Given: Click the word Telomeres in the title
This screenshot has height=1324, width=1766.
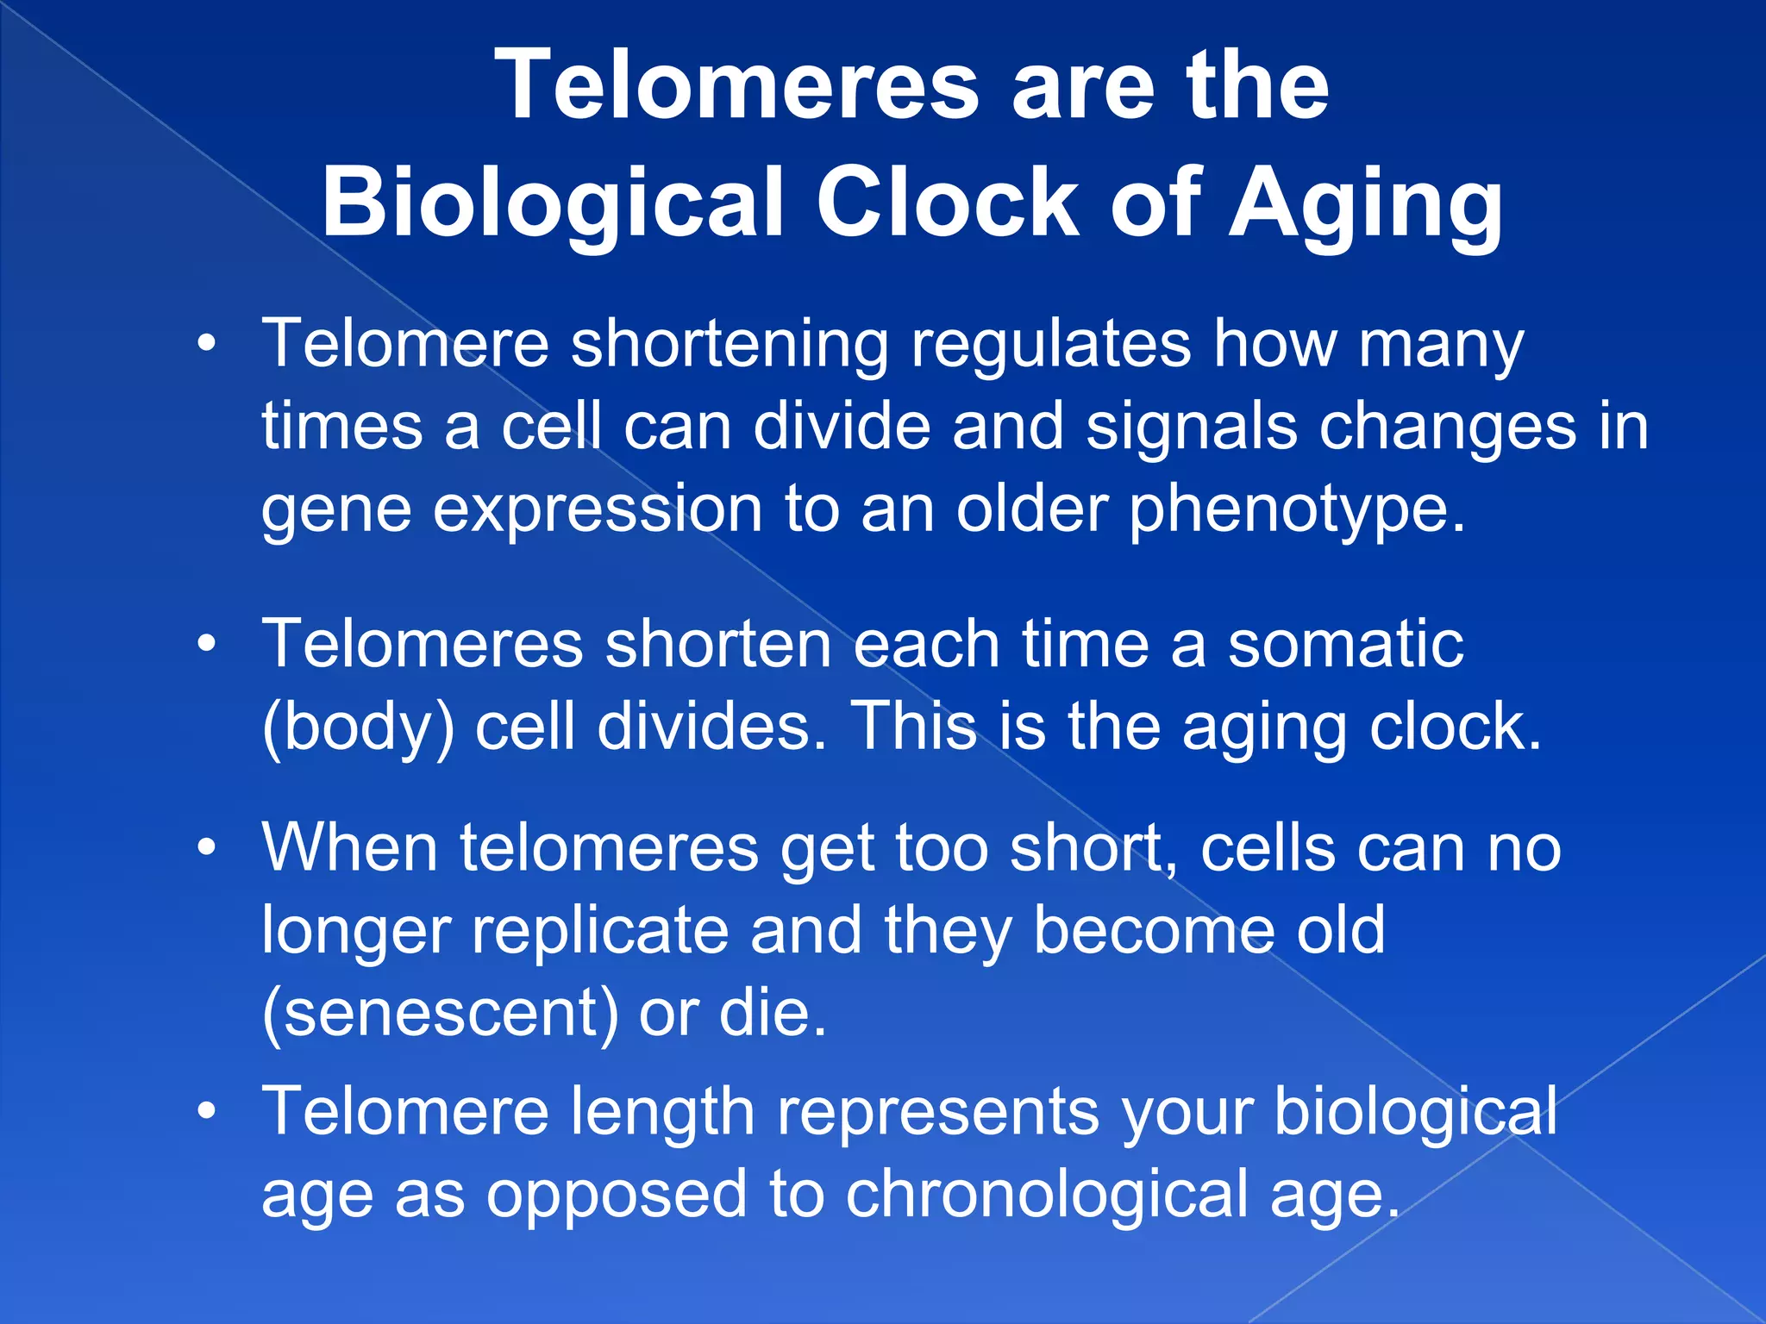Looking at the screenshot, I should click(x=737, y=86).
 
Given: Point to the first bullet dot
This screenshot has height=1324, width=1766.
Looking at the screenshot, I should click(x=205, y=345).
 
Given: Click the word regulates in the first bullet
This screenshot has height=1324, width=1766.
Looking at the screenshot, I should click(x=1051, y=345).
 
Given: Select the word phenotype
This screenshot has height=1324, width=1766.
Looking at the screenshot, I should click(x=1298, y=510).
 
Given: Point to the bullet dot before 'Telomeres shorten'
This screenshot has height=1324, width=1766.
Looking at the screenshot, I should click(x=205, y=645).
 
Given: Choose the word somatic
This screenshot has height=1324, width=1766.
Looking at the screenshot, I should click(x=1345, y=645).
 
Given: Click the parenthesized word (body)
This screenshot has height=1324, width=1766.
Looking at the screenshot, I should click(x=358, y=728).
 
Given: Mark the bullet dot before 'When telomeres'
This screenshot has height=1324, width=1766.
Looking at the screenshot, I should click(x=205, y=848).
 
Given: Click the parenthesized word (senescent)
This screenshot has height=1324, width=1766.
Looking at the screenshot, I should click(x=440, y=1014).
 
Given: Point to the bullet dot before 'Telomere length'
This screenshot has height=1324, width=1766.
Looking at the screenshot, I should click(x=205, y=1112).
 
